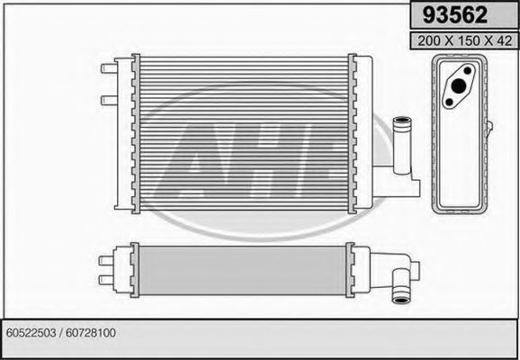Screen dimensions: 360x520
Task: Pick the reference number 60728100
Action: [93, 333]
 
